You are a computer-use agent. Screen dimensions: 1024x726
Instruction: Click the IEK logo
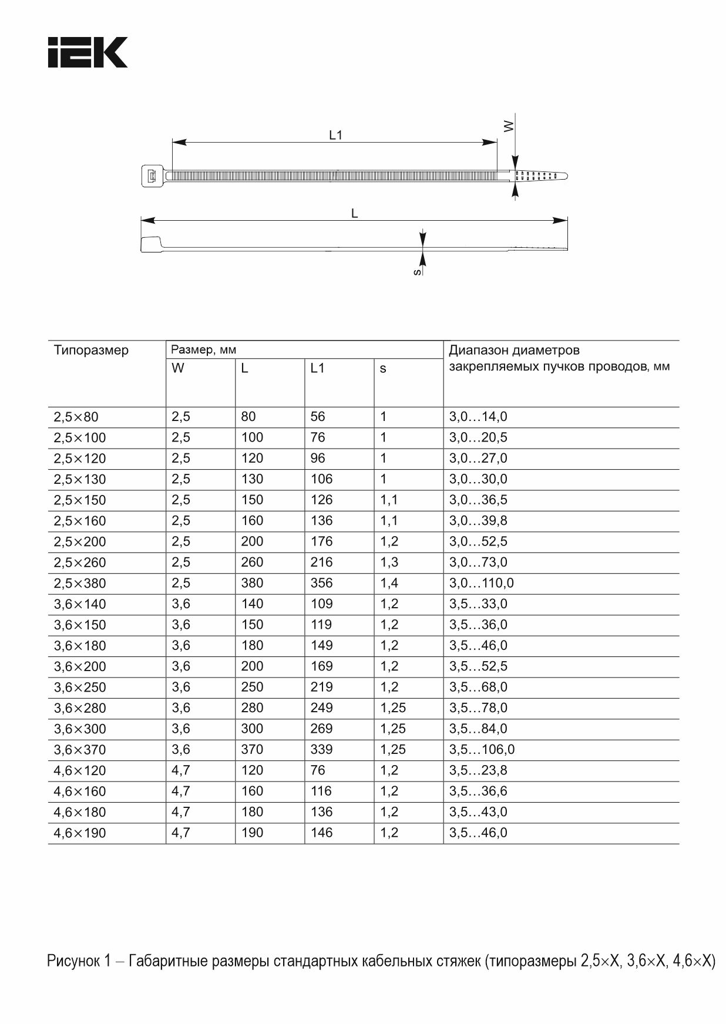tap(88, 52)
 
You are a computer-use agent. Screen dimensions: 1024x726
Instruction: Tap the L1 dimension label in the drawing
tap(335, 135)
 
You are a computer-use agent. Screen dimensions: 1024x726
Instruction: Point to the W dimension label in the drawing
tap(509, 126)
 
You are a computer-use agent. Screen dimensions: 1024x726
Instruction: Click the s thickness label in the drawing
tap(416, 272)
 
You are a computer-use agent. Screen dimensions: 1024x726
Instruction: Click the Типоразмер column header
tap(91, 351)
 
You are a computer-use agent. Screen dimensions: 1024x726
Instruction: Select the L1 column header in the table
tap(317, 369)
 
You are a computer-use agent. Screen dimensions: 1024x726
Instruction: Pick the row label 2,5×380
tap(80, 584)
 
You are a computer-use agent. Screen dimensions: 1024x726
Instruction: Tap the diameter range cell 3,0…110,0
tap(481, 583)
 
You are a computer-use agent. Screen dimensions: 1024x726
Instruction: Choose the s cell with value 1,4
tap(389, 583)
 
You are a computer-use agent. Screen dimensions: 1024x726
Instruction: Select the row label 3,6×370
tap(80, 750)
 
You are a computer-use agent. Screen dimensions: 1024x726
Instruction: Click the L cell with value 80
tap(248, 416)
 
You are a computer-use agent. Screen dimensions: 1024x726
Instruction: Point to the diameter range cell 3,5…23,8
tap(478, 770)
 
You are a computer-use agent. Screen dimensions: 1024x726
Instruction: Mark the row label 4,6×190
tap(80, 833)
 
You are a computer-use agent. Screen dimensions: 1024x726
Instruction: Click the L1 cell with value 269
tap(321, 729)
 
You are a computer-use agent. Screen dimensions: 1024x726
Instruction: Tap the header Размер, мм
tap(203, 350)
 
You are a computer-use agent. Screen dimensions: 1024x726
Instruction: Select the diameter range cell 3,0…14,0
tap(478, 417)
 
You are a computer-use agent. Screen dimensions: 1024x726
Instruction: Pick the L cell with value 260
tap(252, 562)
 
